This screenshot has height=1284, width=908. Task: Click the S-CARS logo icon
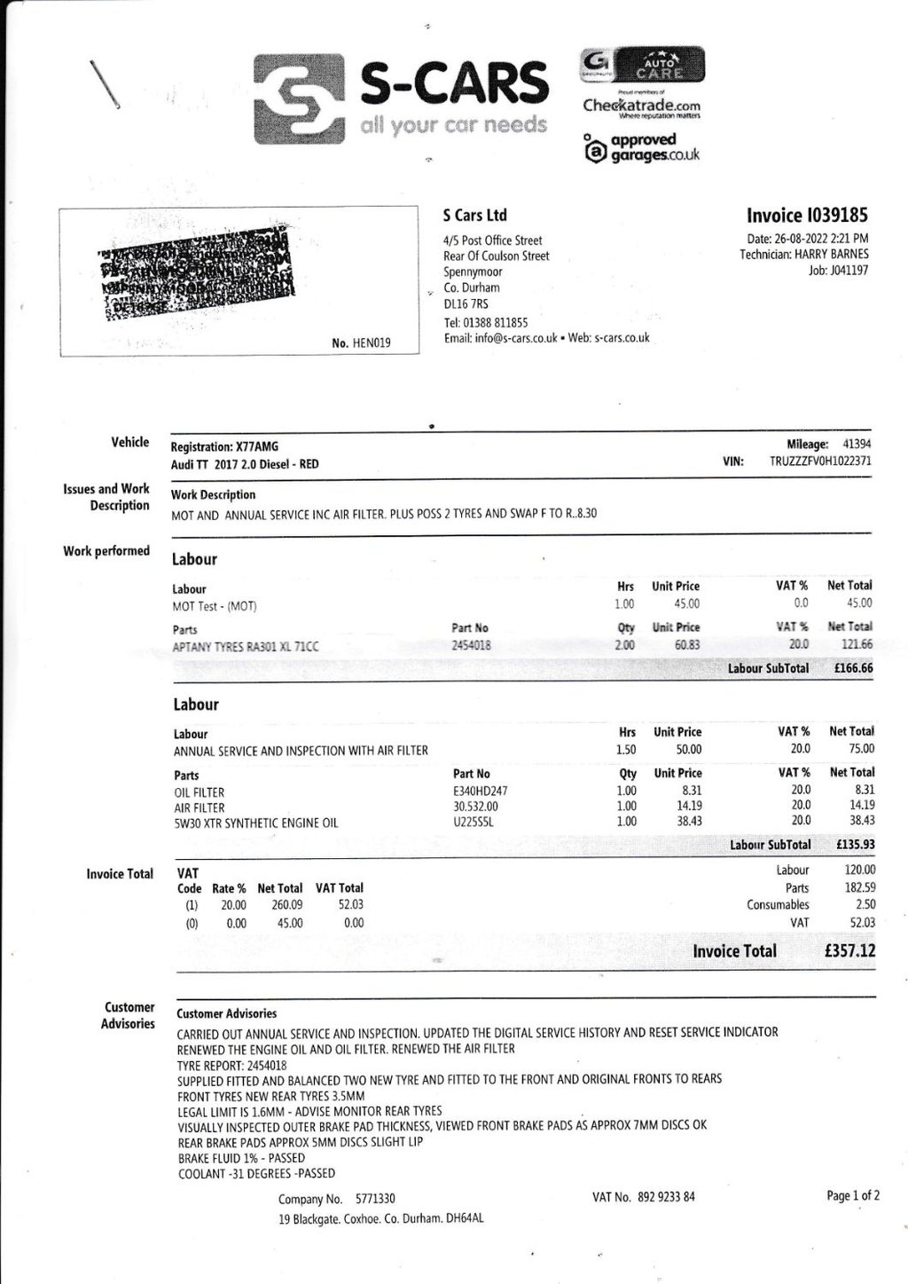(x=299, y=98)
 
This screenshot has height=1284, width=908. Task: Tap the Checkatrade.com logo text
(x=641, y=106)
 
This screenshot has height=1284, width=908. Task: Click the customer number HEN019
(x=372, y=343)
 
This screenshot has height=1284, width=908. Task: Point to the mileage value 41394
(x=857, y=445)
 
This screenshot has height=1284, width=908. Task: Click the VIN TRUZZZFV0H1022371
(x=820, y=461)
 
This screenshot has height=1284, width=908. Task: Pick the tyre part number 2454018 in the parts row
(x=471, y=646)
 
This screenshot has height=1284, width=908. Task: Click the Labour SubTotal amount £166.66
(x=853, y=668)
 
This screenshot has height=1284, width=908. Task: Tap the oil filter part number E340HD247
(x=480, y=791)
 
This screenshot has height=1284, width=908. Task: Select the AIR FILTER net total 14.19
(x=861, y=806)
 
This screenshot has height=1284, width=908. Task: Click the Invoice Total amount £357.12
(x=849, y=951)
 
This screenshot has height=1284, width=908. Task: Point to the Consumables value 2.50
(x=865, y=904)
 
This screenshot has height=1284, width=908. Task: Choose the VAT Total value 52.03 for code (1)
(x=350, y=905)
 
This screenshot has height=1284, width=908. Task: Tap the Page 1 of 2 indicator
(x=853, y=1195)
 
